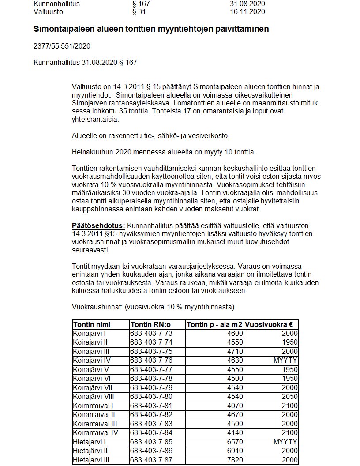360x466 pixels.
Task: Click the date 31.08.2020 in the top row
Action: tap(247, 4)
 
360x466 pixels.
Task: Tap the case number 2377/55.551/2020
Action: tap(62, 46)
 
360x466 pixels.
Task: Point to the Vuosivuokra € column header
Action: tap(271, 324)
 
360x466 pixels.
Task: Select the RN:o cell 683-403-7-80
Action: tap(151, 397)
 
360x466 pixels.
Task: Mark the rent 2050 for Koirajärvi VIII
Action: tap(289, 397)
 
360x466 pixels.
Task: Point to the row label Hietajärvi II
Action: tap(90, 451)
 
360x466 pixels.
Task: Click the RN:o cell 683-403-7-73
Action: tap(151, 334)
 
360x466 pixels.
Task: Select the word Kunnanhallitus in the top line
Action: tap(57, 4)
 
